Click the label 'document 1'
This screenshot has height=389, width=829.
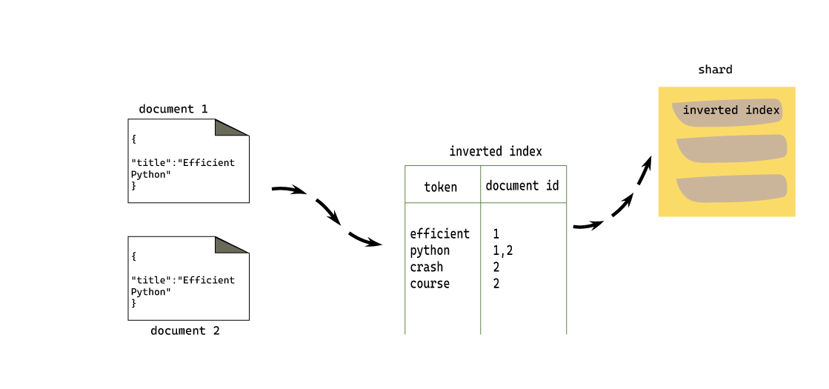(x=173, y=109)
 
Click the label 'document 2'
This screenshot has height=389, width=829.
(x=184, y=330)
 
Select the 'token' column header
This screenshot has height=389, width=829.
(x=440, y=187)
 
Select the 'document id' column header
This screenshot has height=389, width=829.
(x=522, y=185)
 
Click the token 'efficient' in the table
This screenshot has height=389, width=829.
(x=439, y=233)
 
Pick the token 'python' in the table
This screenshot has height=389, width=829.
(x=430, y=250)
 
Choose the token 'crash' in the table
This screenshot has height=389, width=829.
(x=426, y=267)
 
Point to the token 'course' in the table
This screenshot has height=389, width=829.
(x=430, y=284)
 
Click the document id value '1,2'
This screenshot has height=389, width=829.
(x=502, y=250)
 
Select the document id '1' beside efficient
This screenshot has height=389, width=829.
(x=496, y=233)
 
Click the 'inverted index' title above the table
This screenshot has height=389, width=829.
(x=495, y=151)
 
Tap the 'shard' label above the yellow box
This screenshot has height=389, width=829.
(x=715, y=70)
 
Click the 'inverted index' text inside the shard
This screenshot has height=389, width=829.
(x=730, y=110)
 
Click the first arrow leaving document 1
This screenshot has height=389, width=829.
(x=290, y=190)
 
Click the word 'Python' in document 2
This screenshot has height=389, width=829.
(x=150, y=292)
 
